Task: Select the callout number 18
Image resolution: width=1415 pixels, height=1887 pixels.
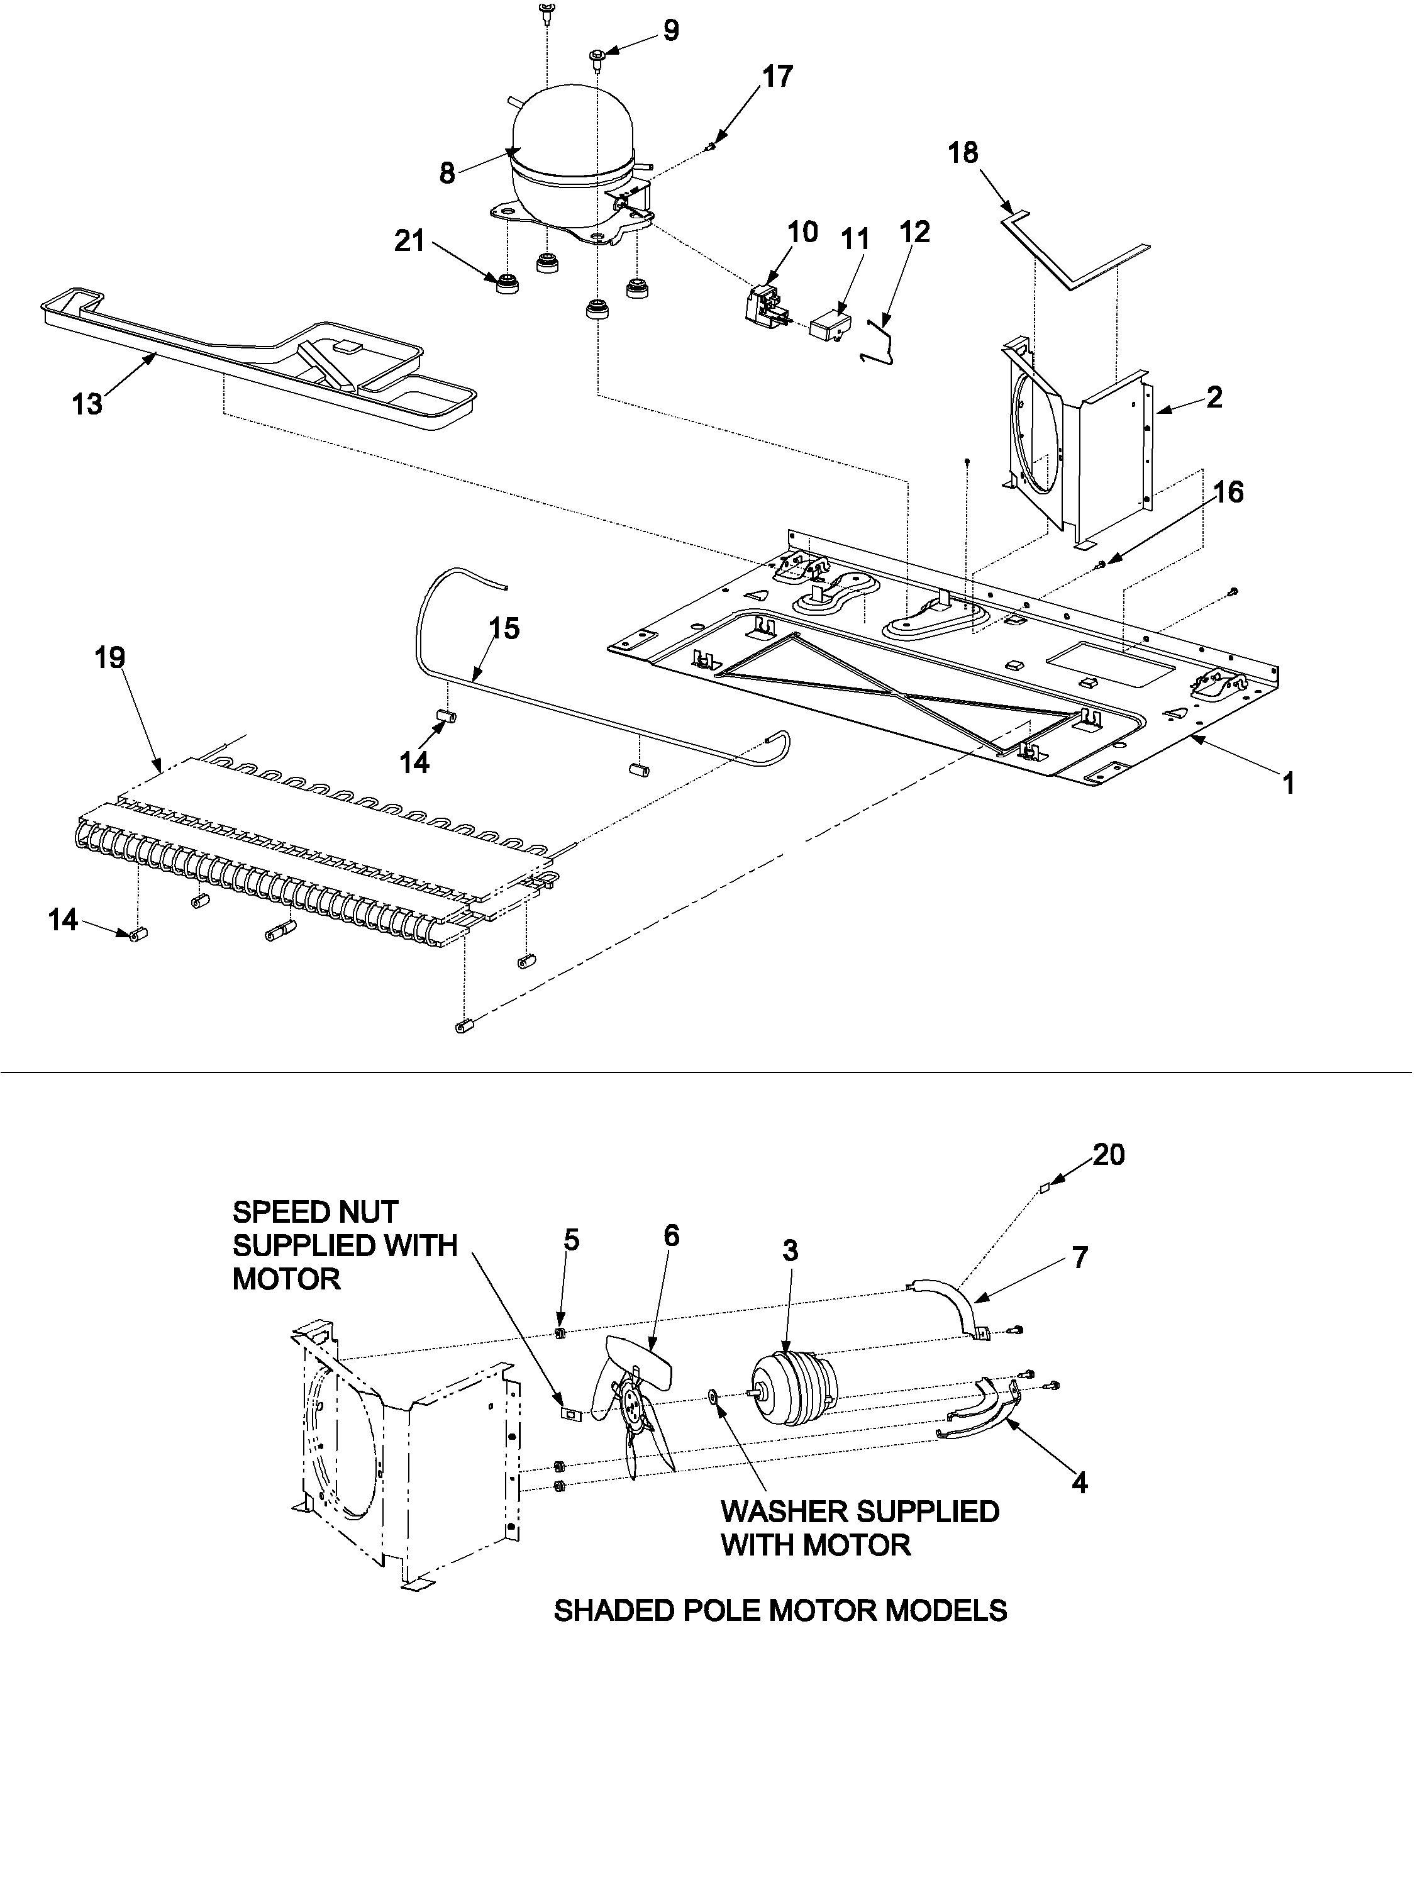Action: (963, 153)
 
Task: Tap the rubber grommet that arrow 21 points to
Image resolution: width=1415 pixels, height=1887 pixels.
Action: (509, 282)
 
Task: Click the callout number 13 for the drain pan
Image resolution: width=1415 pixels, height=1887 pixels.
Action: (87, 404)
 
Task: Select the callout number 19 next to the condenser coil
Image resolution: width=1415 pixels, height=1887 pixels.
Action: (110, 658)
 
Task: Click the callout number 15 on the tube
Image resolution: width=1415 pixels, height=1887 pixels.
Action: (504, 629)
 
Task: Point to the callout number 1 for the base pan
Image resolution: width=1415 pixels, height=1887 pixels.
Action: (1289, 783)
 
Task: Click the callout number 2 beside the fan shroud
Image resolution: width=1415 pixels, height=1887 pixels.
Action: (1214, 397)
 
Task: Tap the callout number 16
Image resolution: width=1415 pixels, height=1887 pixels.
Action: (1228, 493)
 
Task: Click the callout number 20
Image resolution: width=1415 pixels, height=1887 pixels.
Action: (1108, 1155)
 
